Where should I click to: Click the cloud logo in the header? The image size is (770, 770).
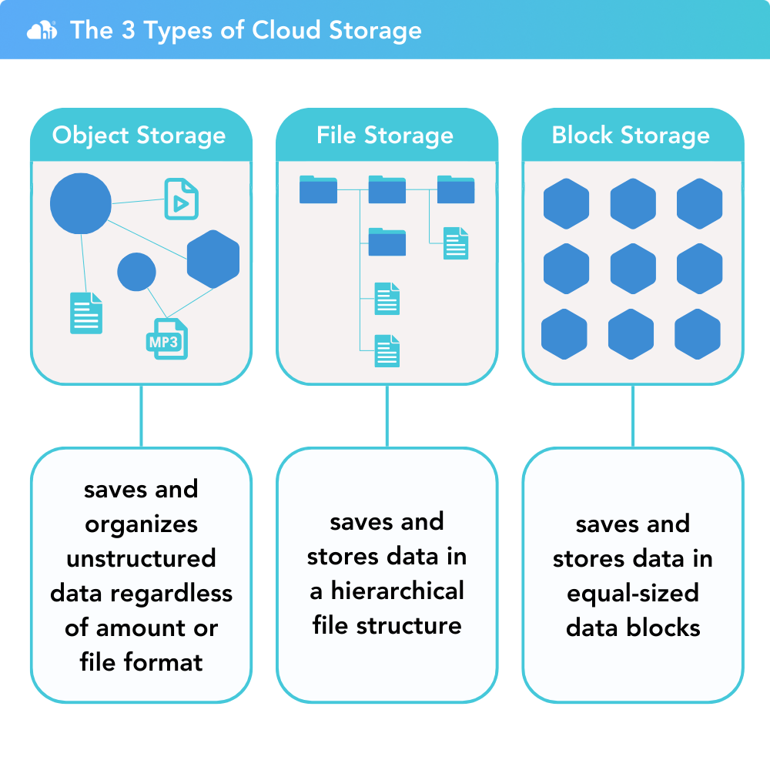[x=41, y=31]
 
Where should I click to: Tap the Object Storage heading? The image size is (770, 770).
[x=139, y=136]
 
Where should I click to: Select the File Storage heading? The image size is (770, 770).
[x=385, y=136]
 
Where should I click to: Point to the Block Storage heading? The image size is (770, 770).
[x=631, y=136]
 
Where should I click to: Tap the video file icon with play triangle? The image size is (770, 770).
[x=182, y=199]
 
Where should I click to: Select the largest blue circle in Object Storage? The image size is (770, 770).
[x=81, y=204]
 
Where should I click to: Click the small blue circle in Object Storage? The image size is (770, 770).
[x=137, y=272]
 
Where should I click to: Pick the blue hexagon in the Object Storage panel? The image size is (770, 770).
[x=213, y=259]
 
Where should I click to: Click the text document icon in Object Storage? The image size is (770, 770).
[x=85, y=313]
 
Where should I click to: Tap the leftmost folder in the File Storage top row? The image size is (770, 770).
[x=318, y=189]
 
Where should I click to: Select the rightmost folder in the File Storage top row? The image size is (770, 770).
[x=456, y=189]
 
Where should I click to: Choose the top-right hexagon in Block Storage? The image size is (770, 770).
[x=700, y=204]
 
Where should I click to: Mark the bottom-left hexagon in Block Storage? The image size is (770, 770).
[x=564, y=335]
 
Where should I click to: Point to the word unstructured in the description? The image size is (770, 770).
[x=141, y=558]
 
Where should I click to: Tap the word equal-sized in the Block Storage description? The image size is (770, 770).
[x=633, y=594]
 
